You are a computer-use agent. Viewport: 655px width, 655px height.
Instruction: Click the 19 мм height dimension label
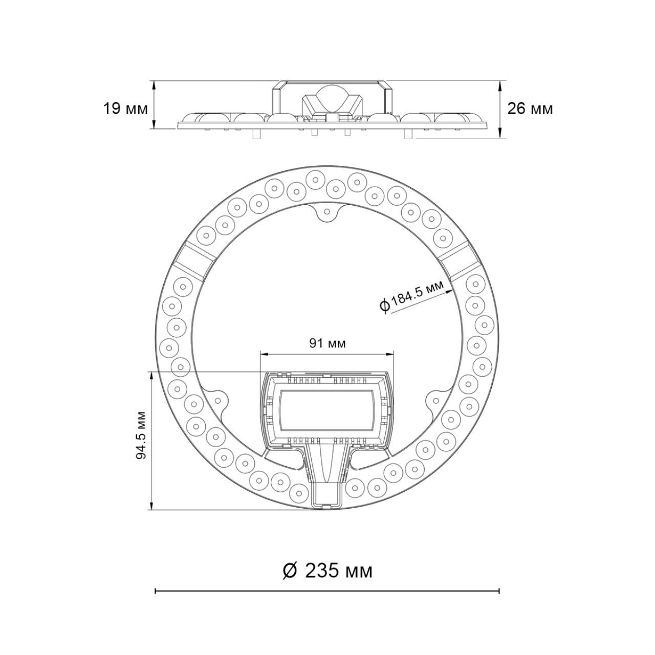click(x=125, y=109)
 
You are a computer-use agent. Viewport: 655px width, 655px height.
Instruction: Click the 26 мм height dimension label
click(x=530, y=109)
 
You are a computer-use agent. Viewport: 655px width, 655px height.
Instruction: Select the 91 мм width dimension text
click(x=327, y=343)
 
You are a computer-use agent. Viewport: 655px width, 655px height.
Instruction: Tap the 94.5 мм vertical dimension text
click(x=142, y=435)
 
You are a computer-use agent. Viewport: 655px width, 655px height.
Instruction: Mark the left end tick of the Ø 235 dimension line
click(x=155, y=591)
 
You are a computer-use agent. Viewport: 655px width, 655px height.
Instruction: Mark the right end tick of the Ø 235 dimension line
click(x=499, y=591)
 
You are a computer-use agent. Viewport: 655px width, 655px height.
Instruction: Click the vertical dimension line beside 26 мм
click(x=501, y=109)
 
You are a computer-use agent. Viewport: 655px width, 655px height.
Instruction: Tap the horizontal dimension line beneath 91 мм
click(x=327, y=353)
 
